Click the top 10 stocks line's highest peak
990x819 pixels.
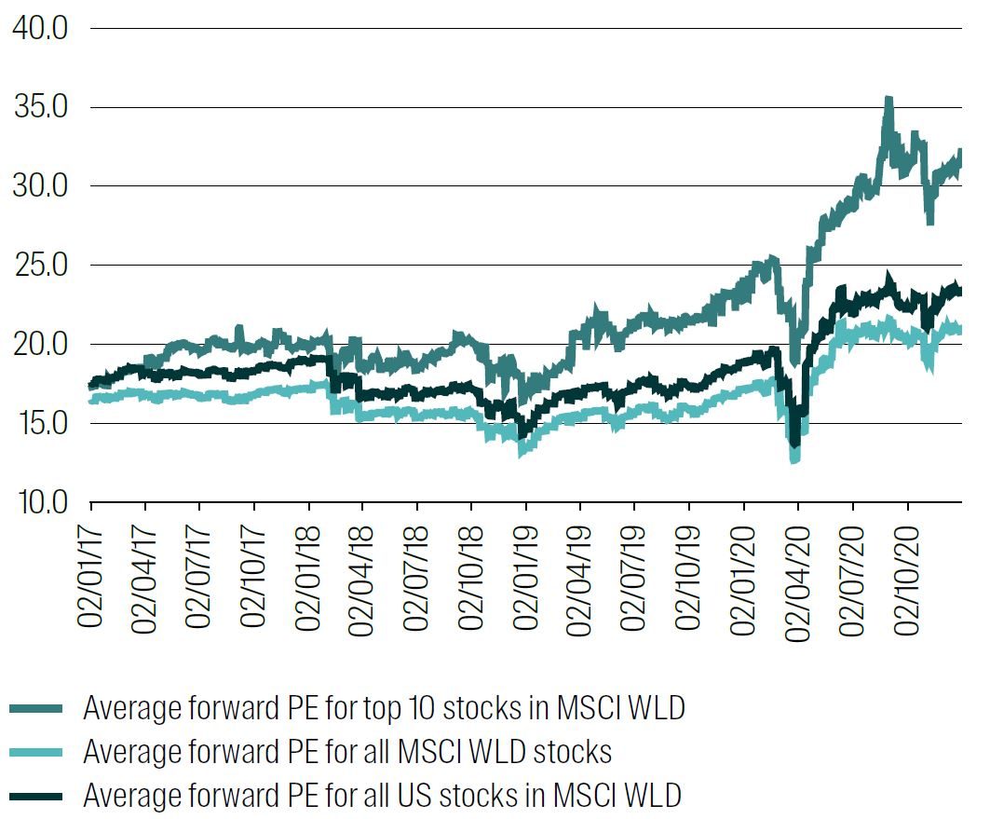888,99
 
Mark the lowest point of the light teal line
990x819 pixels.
794,459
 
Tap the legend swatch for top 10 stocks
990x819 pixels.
37,709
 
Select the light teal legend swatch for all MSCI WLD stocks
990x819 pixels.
37,752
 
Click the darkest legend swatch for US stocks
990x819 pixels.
37,795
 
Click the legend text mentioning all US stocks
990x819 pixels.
382,795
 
